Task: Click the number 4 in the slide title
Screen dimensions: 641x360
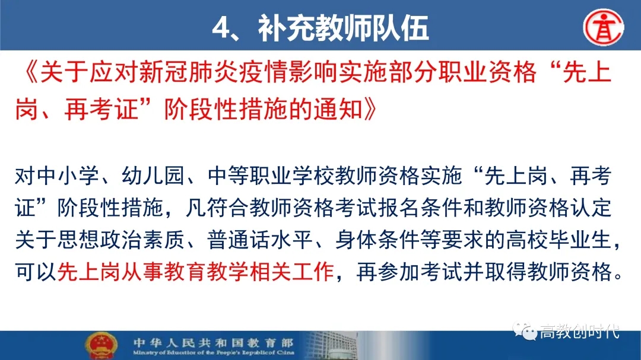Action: (x=222, y=28)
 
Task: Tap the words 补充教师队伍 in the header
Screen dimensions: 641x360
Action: (x=344, y=28)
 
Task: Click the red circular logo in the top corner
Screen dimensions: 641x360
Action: (x=604, y=27)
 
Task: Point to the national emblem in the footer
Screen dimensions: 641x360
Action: (x=101, y=346)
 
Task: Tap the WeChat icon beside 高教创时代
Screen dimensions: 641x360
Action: (x=525, y=331)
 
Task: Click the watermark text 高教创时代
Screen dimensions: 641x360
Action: (x=580, y=332)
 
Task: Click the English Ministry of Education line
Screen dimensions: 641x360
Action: (x=214, y=352)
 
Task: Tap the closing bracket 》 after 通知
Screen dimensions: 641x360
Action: (x=369, y=109)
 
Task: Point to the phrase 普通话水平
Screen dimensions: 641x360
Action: (x=260, y=240)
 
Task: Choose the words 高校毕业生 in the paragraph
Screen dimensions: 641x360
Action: (x=559, y=240)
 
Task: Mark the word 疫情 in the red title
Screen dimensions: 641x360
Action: (x=262, y=72)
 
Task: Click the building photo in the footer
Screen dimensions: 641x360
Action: (x=331, y=346)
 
